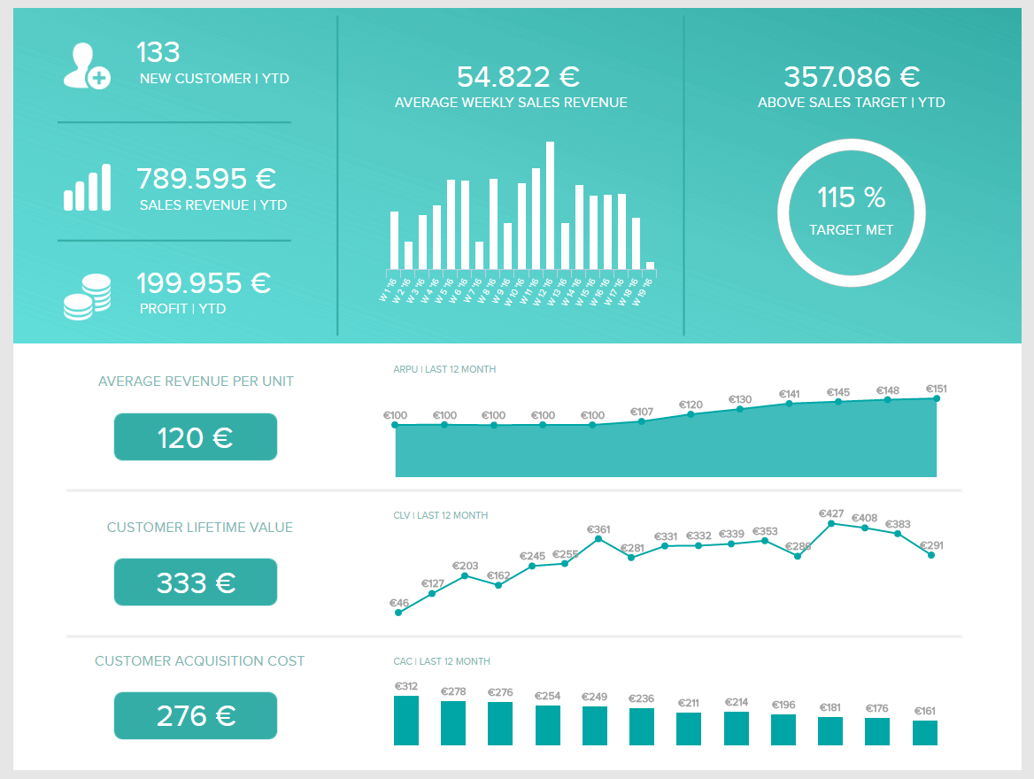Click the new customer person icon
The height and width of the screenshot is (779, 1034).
tap(85, 65)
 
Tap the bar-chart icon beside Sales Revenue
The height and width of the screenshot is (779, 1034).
tap(87, 188)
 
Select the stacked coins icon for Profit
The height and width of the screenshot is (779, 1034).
tap(87, 297)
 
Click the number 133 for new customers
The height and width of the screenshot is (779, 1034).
tap(158, 52)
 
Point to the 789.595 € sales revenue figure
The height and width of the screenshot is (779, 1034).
tap(206, 179)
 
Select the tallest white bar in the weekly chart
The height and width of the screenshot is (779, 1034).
tap(550, 204)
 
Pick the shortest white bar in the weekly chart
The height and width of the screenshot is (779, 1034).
tap(650, 265)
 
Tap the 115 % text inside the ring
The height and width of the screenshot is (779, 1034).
tap(851, 197)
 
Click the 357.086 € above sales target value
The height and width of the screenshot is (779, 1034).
tap(852, 77)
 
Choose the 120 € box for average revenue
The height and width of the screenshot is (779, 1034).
tap(196, 437)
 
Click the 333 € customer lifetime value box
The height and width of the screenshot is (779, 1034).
tap(196, 582)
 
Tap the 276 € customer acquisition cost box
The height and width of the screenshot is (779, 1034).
tap(196, 715)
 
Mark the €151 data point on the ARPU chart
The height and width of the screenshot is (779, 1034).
tap(936, 398)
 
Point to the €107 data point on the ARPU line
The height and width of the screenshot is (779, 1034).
tap(641, 420)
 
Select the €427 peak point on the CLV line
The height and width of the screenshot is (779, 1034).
tap(831, 523)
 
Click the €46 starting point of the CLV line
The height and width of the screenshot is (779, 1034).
tap(398, 613)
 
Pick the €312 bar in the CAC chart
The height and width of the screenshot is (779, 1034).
tap(406, 721)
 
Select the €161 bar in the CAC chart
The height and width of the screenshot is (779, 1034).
tap(925, 733)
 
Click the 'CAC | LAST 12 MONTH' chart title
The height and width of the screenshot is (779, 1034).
tap(442, 661)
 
